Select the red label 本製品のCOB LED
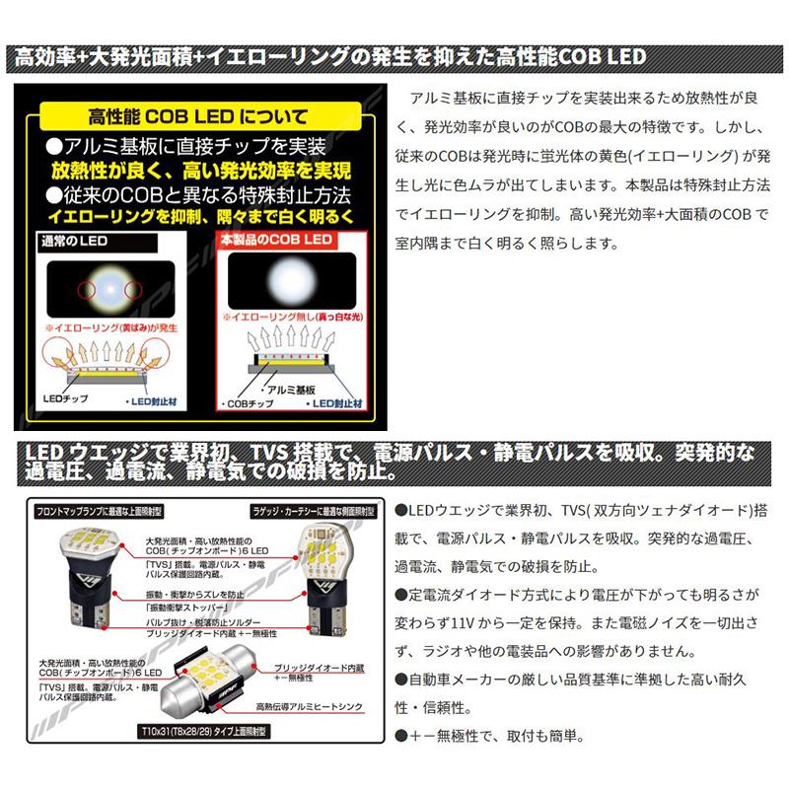(275, 240)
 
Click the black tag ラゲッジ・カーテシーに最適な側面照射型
(306, 513)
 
